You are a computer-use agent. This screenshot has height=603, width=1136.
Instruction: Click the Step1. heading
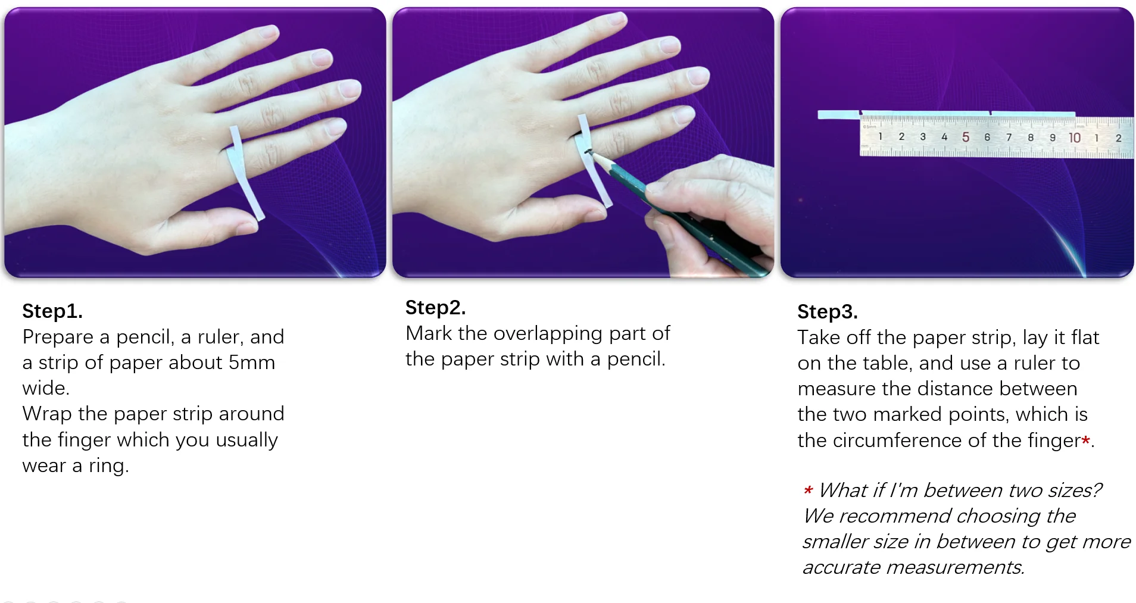pyautogui.click(x=52, y=311)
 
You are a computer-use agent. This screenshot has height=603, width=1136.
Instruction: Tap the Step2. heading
pyautogui.click(x=435, y=308)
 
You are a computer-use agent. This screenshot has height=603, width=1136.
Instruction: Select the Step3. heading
pyautogui.click(x=827, y=312)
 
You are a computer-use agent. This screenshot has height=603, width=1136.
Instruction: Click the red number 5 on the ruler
pyautogui.click(x=965, y=138)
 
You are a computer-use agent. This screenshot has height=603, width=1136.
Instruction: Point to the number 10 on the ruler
pyautogui.click(x=1074, y=138)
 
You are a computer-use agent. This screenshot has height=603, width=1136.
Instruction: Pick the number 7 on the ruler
pyautogui.click(x=1009, y=138)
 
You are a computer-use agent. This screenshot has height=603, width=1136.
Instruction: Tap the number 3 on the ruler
pyautogui.click(x=923, y=137)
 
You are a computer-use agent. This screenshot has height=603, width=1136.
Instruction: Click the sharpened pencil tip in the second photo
pyautogui.click(x=589, y=151)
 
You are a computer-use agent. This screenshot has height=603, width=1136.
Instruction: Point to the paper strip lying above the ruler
pyautogui.click(x=946, y=114)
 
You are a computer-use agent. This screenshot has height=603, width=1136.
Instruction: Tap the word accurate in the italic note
pyautogui.click(x=841, y=568)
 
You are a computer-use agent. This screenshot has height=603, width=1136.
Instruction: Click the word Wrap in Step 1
pyautogui.click(x=48, y=414)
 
